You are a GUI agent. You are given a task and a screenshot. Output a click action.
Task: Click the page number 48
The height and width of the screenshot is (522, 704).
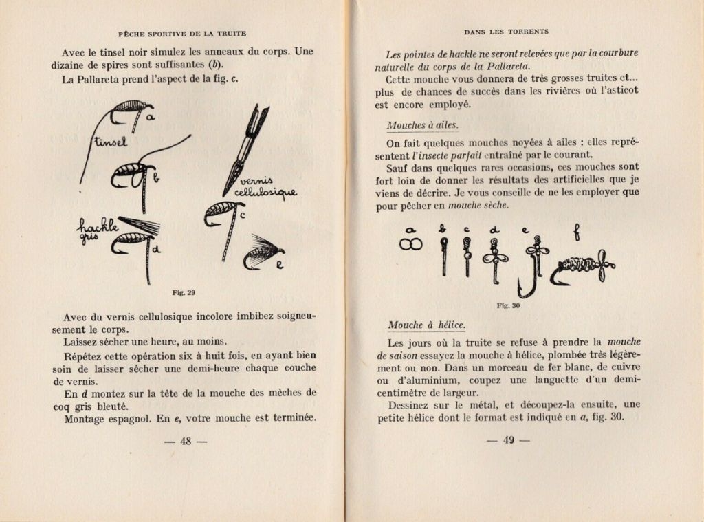coord(185,441)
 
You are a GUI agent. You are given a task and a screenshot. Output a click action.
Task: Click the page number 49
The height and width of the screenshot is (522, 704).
coord(508,441)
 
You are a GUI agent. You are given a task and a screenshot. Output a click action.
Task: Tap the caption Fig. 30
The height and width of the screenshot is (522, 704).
coord(507,306)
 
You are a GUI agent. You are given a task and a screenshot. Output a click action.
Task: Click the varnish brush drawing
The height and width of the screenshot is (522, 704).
coord(244,148)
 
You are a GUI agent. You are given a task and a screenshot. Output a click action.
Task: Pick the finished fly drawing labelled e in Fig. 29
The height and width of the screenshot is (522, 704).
coord(263,253)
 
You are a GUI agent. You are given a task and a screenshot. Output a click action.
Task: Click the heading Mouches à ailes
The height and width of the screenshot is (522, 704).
coord(422,125)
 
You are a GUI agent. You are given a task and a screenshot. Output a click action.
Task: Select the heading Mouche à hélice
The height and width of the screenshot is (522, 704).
coord(426,325)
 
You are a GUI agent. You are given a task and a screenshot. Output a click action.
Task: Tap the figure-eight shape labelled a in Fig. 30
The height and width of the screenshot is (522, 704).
coord(411,245)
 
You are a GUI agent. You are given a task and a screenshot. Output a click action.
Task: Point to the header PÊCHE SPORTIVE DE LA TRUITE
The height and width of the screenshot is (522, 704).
coord(182,33)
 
